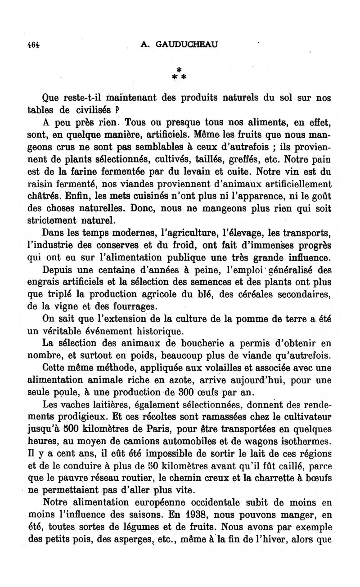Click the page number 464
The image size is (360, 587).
(34, 45)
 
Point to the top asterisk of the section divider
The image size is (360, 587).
(179, 69)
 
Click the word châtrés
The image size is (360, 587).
(45, 196)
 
